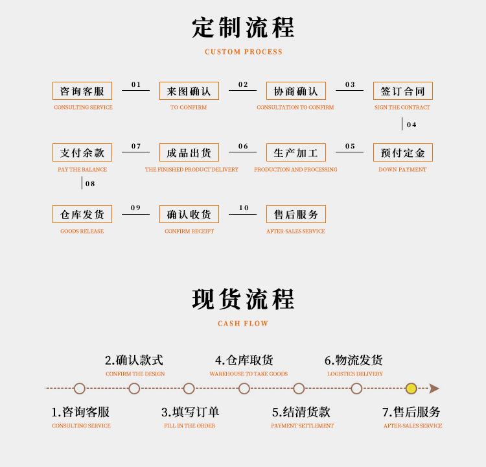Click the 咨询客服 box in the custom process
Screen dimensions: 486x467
click(x=82, y=91)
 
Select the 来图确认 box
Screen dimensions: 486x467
click(x=189, y=91)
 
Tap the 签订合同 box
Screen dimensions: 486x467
click(x=403, y=91)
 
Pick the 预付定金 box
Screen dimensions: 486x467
click(x=403, y=152)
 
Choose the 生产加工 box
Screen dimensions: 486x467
click(x=296, y=152)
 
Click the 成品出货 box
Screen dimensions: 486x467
click(x=189, y=152)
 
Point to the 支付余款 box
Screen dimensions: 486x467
click(x=82, y=152)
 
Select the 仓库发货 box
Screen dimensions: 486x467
click(x=82, y=214)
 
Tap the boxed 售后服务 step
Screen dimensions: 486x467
click(x=296, y=214)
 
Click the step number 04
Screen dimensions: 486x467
click(x=411, y=125)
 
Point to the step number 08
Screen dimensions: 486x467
click(x=90, y=184)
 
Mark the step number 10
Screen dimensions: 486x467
click(x=244, y=208)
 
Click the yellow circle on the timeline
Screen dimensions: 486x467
click(x=411, y=389)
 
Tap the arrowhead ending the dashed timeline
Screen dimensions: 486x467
click(x=434, y=389)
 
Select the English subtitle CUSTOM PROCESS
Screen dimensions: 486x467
click(x=244, y=52)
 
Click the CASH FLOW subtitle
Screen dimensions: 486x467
click(x=243, y=324)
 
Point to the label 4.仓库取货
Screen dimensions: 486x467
click(x=244, y=360)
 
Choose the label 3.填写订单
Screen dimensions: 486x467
click(x=191, y=412)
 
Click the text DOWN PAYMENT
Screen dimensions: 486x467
click(x=402, y=169)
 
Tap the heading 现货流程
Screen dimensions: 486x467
click(x=243, y=299)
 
